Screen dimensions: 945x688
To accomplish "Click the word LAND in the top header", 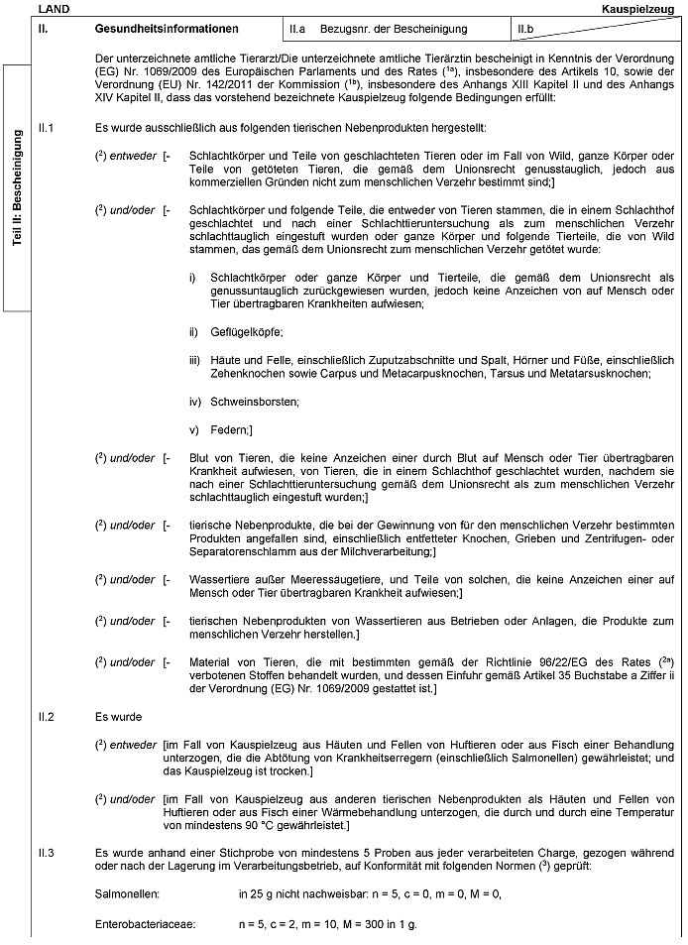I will coord(48,8).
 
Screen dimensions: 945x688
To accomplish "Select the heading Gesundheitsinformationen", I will coord(167,30).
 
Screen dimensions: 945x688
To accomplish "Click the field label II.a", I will coord(297,30).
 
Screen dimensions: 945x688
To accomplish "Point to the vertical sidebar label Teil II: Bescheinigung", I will coord(18,187).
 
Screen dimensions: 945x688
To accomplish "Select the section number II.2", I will coord(45,715).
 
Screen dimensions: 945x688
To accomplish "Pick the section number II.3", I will coord(45,852).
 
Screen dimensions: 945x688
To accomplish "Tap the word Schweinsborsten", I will coord(252,401).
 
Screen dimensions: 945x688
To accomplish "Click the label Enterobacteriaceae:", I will coord(145,924).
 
